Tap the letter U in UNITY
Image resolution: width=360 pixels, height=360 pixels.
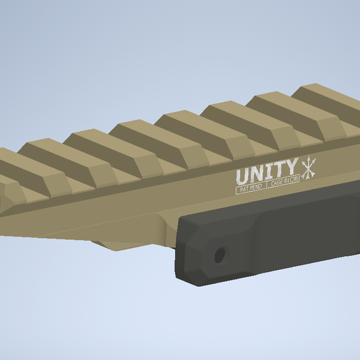[x=241, y=176]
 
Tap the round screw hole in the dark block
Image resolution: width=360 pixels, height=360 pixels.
[x=220, y=255]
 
